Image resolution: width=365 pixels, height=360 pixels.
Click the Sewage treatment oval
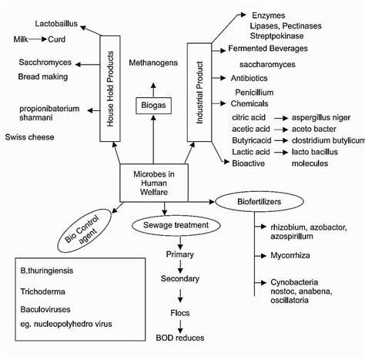click(177, 225)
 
